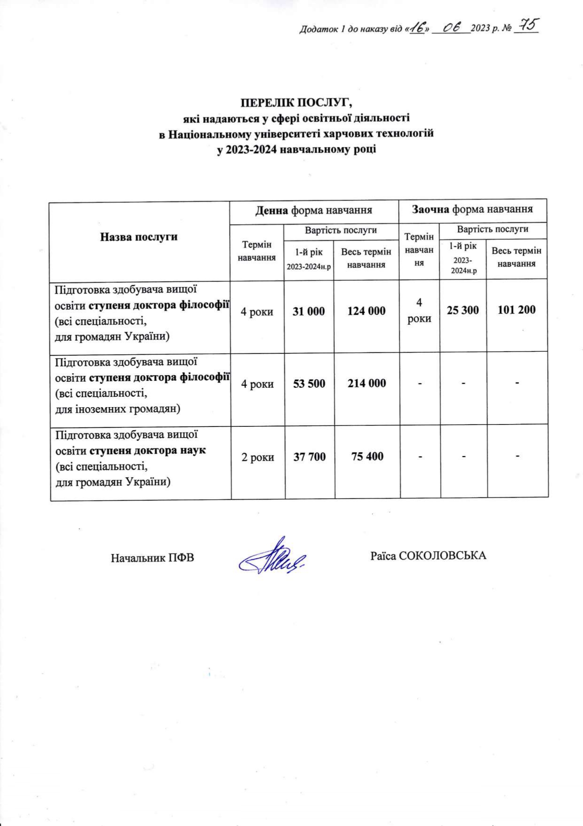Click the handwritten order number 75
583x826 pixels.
point(526,25)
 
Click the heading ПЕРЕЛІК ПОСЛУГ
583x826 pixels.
point(296,103)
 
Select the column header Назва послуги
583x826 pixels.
point(139,237)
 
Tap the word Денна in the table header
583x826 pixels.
point(271,210)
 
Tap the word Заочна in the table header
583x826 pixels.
point(430,209)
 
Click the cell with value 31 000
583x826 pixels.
point(308,311)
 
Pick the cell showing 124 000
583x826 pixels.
point(366,311)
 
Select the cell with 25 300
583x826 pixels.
point(463,310)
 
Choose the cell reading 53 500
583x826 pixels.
point(309,384)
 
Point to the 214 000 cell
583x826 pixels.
point(367,384)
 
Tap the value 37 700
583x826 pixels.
point(309,457)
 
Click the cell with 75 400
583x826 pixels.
point(367,457)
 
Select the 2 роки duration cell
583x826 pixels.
point(258,457)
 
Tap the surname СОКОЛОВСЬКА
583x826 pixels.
point(442,556)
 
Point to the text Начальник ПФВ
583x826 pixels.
point(152,558)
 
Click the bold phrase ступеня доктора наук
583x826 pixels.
point(147,450)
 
